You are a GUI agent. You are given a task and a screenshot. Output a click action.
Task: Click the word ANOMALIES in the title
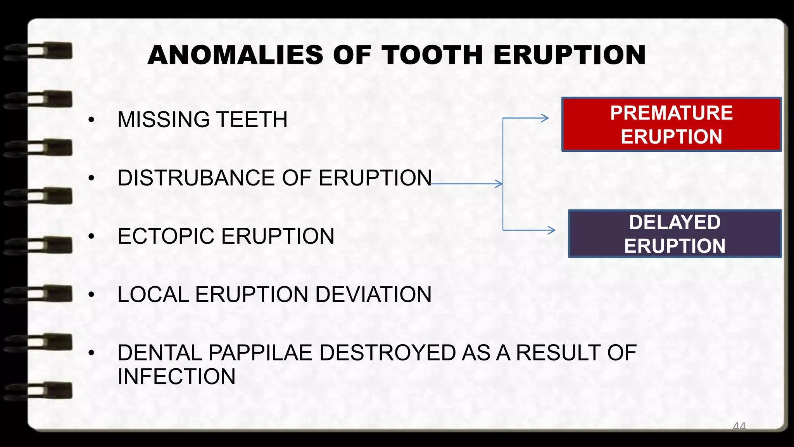235,55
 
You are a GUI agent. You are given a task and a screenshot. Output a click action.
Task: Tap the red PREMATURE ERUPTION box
671,125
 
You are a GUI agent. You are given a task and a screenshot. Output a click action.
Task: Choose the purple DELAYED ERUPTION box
674,234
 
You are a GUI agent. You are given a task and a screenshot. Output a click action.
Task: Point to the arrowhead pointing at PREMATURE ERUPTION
545,118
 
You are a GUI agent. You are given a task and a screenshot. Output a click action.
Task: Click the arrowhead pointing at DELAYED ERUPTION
551,230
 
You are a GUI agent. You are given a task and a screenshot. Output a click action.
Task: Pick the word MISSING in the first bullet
163,120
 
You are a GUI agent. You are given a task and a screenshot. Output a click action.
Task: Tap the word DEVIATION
373,295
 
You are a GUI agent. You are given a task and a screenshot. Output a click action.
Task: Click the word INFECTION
176,377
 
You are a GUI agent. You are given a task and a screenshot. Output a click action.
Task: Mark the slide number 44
739,426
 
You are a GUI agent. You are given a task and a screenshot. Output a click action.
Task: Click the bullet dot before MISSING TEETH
91,120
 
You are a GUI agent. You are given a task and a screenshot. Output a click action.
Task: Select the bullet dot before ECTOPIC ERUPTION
91,237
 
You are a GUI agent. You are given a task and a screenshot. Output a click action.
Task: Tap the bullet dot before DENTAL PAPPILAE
91,353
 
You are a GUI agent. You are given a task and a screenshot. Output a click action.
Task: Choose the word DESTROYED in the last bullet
387,353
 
